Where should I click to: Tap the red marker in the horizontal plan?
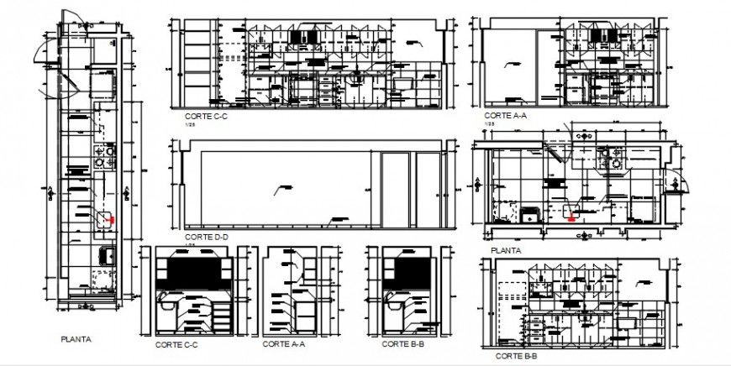click(572, 218)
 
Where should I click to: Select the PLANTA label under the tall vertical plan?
click(76, 340)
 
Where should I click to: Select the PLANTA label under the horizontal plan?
click(506, 250)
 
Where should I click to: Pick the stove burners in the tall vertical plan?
click(106, 154)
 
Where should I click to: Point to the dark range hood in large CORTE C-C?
click(301, 36)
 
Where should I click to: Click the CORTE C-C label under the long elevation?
click(206, 117)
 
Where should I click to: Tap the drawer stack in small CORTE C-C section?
click(221, 316)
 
